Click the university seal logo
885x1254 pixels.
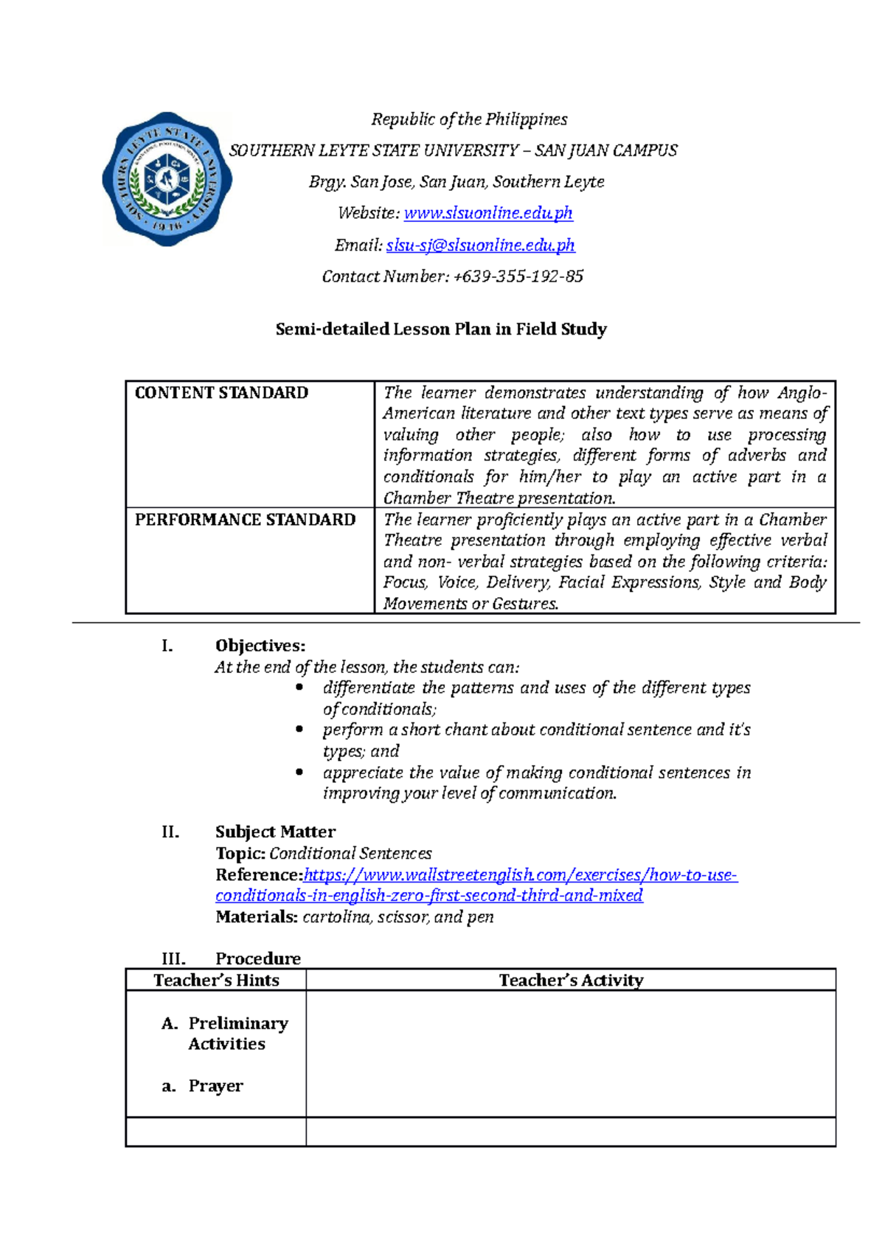167,179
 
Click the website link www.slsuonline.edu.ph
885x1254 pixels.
488,213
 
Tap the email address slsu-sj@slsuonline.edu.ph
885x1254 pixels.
480,245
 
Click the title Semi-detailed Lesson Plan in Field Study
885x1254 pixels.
441,329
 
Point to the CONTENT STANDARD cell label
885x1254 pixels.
221,393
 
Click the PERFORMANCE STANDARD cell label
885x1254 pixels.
245,520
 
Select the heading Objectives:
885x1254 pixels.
260,646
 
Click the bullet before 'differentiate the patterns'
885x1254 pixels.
299,687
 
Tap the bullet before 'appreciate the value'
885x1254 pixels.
299,772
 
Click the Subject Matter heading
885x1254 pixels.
275,832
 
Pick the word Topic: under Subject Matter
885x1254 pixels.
240,853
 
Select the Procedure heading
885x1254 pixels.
257,958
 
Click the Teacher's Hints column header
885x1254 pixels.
216,980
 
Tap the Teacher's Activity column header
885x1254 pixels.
571,980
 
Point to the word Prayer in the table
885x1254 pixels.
215,1086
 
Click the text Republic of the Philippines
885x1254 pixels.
469,119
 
